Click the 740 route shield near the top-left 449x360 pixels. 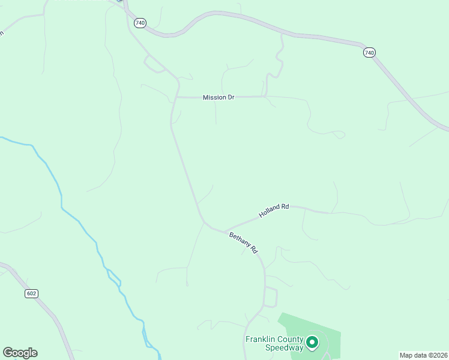coord(140,23)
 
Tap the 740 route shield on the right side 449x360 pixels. coord(369,53)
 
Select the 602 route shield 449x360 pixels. coord(32,293)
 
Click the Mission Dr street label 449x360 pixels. coord(218,97)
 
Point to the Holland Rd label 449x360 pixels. coord(274,211)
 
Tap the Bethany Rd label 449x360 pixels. coord(243,242)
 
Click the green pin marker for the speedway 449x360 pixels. coord(312,343)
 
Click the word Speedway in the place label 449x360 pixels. coord(285,348)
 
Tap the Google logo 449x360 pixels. coord(20,353)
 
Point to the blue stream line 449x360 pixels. coord(61,198)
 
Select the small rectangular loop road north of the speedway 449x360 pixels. coord(271,297)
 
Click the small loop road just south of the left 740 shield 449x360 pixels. coord(154,64)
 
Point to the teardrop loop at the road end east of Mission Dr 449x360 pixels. coord(339,134)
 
